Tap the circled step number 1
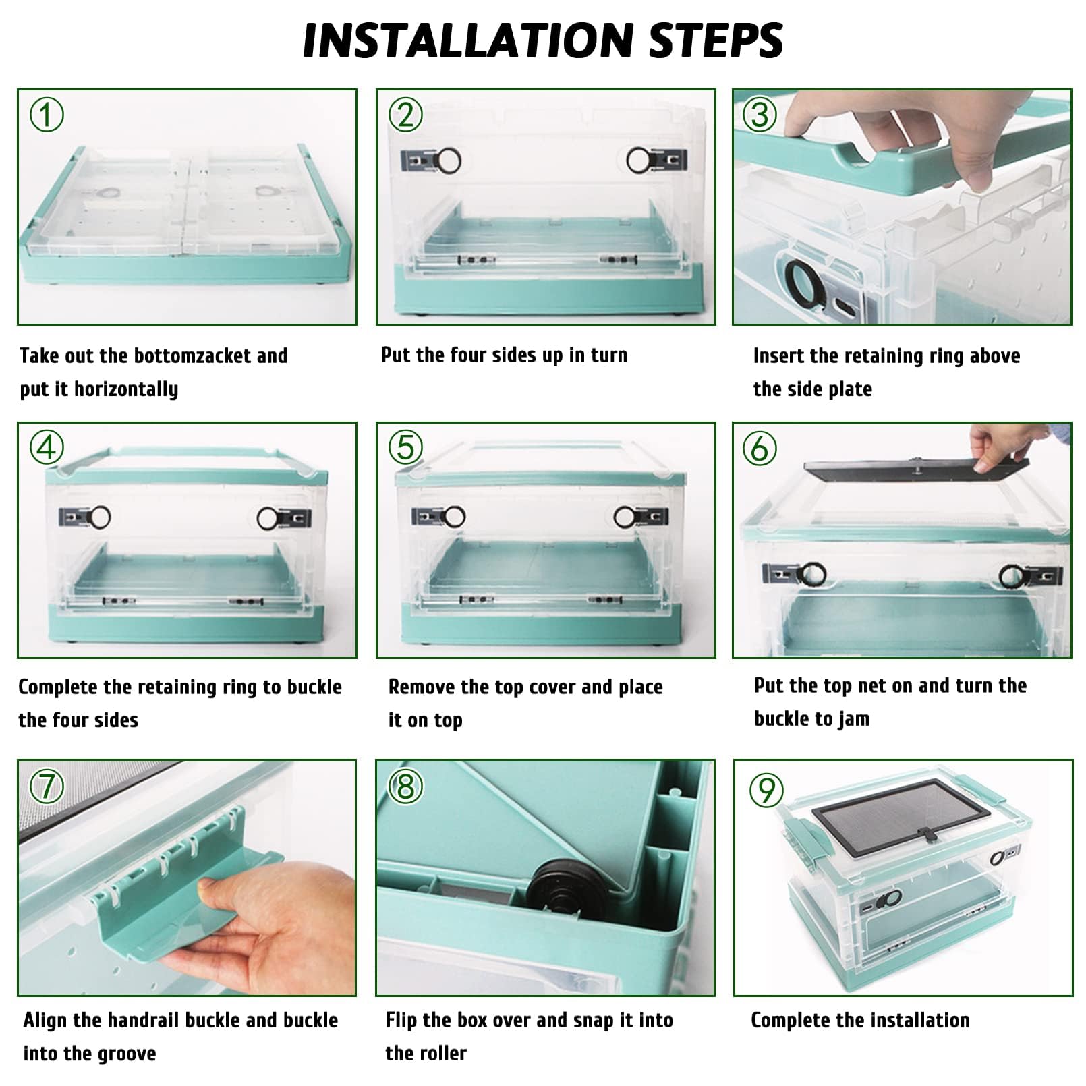click(47, 115)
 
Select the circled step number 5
click(405, 447)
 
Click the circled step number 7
click(47, 787)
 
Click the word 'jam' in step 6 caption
click(853, 720)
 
